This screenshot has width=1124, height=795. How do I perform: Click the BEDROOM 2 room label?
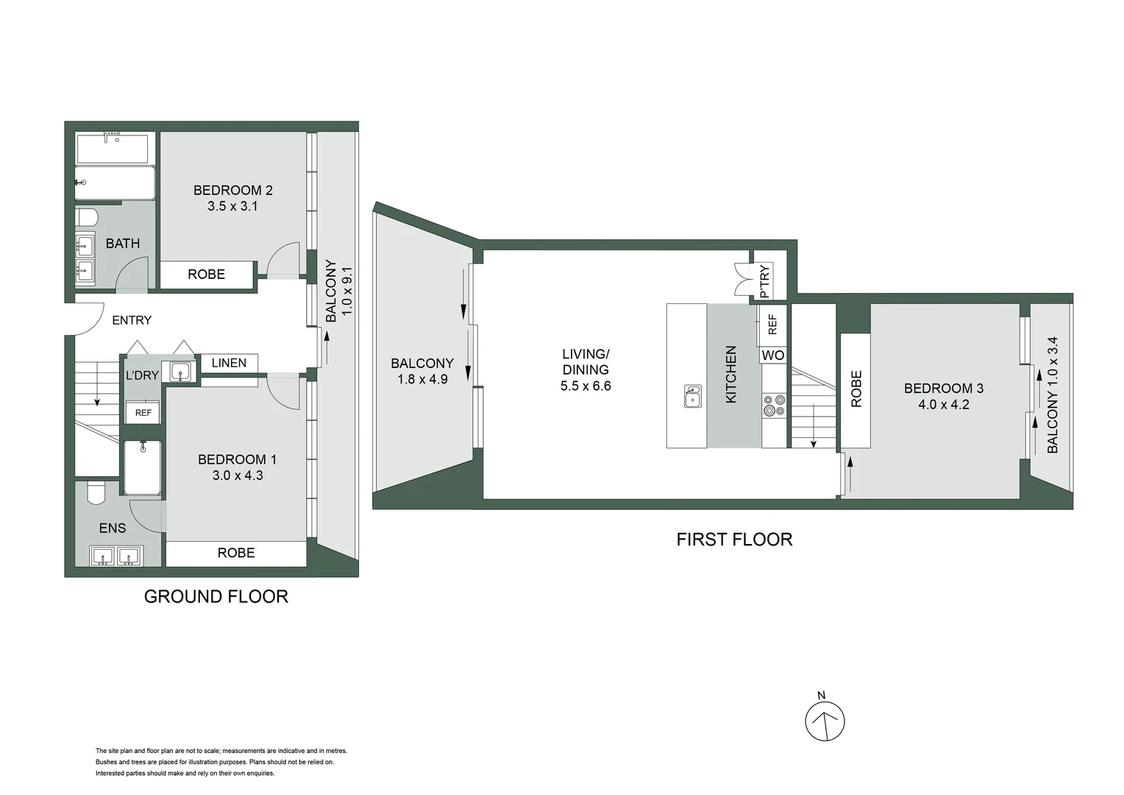232,190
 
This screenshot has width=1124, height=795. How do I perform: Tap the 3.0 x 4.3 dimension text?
238,476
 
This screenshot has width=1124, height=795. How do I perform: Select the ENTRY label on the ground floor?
132,320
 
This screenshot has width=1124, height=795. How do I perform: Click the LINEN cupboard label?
229,363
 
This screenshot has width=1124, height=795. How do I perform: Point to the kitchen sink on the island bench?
692,396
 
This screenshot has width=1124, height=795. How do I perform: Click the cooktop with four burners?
774,406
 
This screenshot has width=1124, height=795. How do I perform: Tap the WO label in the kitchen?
773,356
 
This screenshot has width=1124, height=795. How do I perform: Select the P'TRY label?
764,281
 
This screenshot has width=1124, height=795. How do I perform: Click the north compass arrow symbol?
825,721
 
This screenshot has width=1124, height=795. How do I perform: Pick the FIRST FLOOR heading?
734,540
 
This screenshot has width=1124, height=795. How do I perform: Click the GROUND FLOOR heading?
216,596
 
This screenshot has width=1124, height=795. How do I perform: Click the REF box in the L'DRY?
143,413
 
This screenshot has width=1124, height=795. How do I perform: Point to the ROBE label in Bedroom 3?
856,389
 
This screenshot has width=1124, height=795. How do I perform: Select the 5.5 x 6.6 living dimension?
586,386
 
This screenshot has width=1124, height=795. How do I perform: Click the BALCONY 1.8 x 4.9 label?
421,371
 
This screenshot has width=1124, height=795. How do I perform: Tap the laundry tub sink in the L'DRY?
180,372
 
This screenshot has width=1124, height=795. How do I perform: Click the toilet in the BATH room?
86,216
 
